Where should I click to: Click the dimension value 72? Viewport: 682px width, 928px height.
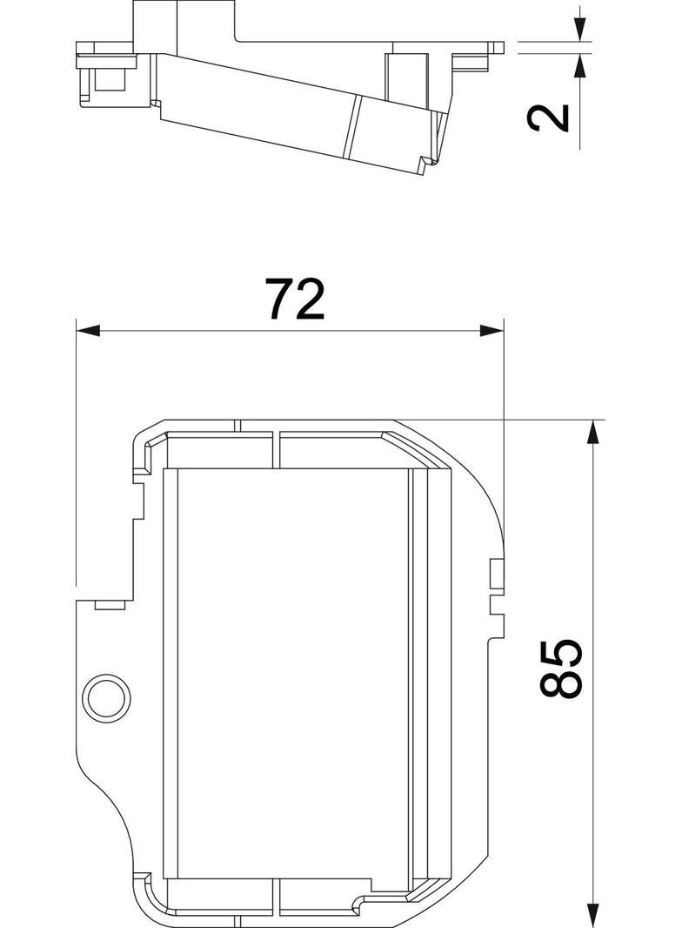click(295, 299)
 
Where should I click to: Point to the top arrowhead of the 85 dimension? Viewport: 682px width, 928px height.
click(594, 431)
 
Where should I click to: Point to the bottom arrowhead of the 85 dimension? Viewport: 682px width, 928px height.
click(594, 916)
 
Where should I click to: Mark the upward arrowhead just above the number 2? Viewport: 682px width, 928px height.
click(579, 65)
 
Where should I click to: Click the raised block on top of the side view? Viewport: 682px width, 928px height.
click(183, 22)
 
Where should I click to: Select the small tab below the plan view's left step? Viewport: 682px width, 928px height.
click(110, 604)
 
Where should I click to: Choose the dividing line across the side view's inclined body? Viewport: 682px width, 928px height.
click(353, 127)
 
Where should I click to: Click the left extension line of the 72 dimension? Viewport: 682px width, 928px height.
click(77, 453)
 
